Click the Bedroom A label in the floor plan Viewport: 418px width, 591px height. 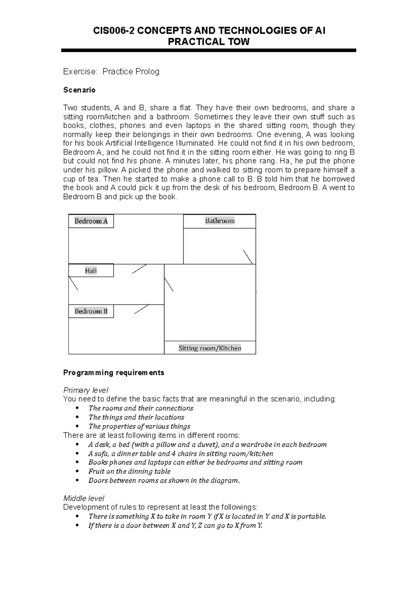[91, 221]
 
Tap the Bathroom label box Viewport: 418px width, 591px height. [219, 221]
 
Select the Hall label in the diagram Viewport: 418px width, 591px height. [91, 271]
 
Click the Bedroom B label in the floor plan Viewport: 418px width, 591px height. [91, 311]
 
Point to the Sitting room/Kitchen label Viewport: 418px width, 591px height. [210, 348]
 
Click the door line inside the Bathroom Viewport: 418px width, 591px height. [248, 257]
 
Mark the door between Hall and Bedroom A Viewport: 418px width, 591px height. [139, 269]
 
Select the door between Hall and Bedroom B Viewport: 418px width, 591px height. [141, 309]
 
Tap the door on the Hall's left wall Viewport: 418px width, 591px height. [73, 283]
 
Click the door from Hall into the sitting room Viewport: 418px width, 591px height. [169, 284]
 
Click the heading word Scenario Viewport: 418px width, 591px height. [79, 90]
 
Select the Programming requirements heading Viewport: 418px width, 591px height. [114, 373]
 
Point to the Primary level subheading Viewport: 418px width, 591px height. [85, 390]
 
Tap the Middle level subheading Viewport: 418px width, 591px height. [84, 498]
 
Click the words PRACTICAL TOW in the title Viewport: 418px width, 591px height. [209, 42]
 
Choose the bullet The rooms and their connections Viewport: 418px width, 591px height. [141, 408]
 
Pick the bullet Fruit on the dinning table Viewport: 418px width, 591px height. [129, 471]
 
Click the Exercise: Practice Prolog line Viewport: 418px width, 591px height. [111, 72]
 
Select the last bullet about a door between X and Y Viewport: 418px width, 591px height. [175, 526]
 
